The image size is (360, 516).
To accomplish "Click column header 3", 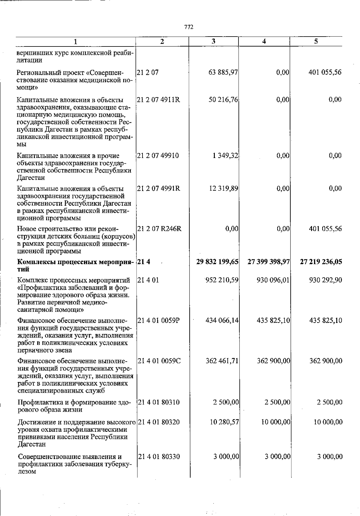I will [213, 41].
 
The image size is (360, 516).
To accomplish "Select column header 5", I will [316, 41].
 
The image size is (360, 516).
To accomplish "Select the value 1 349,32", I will [226, 156].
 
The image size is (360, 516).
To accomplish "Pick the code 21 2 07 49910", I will [158, 156].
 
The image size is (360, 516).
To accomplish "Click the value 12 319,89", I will [223, 189].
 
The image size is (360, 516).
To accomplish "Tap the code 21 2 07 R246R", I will [159, 229].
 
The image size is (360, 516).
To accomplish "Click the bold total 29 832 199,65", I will [217, 262].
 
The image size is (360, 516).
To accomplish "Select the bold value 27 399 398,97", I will [268, 262].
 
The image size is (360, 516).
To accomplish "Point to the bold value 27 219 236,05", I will [321, 262].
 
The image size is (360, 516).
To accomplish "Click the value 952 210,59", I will [222, 280].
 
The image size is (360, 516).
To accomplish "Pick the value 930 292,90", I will [325, 280].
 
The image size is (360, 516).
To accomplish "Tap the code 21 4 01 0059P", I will [159, 321].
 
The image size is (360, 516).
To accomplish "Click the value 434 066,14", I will [222, 321].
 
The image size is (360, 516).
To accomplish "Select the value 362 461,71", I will [222, 361].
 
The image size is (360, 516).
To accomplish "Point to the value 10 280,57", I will [224, 422].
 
